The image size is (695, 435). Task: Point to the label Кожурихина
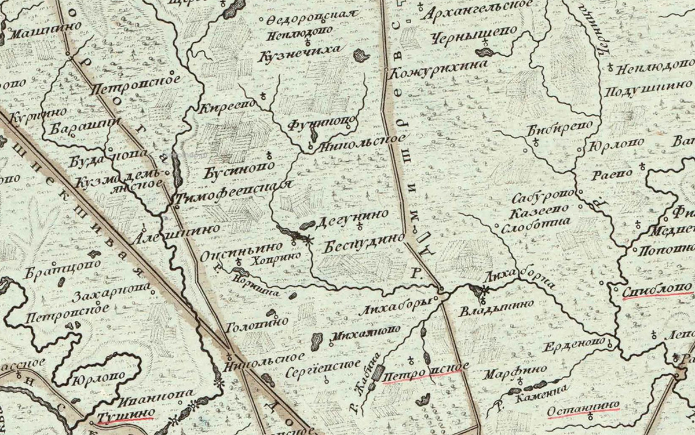tap(436, 74)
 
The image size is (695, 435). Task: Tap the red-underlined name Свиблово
tap(659, 289)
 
